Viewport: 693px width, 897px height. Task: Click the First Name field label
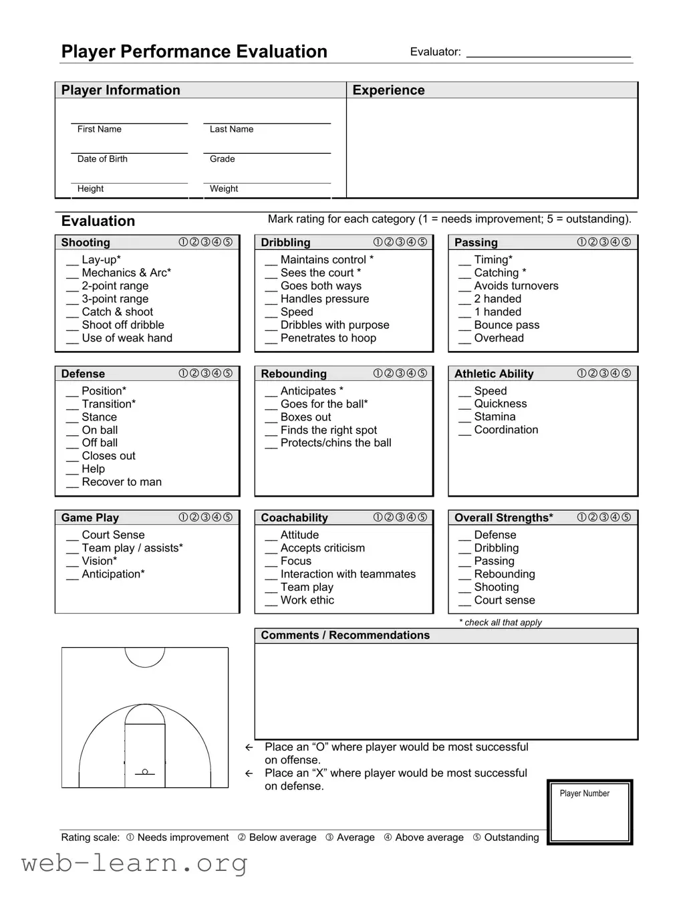99,129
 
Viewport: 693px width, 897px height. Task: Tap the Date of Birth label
102,159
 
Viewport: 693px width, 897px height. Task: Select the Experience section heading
388,90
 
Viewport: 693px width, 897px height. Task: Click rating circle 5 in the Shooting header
228,242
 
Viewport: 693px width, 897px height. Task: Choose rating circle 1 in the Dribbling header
378,242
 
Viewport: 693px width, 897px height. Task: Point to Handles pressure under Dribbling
324,299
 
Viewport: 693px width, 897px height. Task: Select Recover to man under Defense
122,482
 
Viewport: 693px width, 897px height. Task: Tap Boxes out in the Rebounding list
305,417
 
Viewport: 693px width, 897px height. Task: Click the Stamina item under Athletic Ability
495,417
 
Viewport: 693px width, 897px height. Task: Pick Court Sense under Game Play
113,535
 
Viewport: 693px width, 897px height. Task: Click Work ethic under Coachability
307,600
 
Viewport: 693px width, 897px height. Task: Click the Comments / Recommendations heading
345,636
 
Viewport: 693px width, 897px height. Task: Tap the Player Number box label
584,793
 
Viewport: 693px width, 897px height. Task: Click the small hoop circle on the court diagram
145,772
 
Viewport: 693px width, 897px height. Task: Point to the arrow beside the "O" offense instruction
249,747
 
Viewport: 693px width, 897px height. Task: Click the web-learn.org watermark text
134,863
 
